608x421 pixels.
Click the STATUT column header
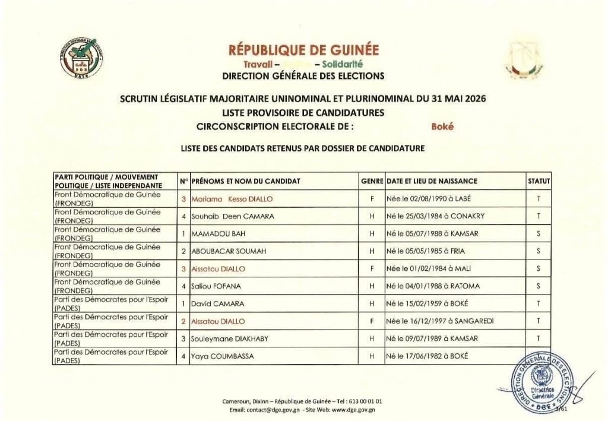coord(538,181)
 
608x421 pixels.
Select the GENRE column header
coord(371,181)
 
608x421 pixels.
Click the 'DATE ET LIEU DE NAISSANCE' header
coord(432,181)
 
